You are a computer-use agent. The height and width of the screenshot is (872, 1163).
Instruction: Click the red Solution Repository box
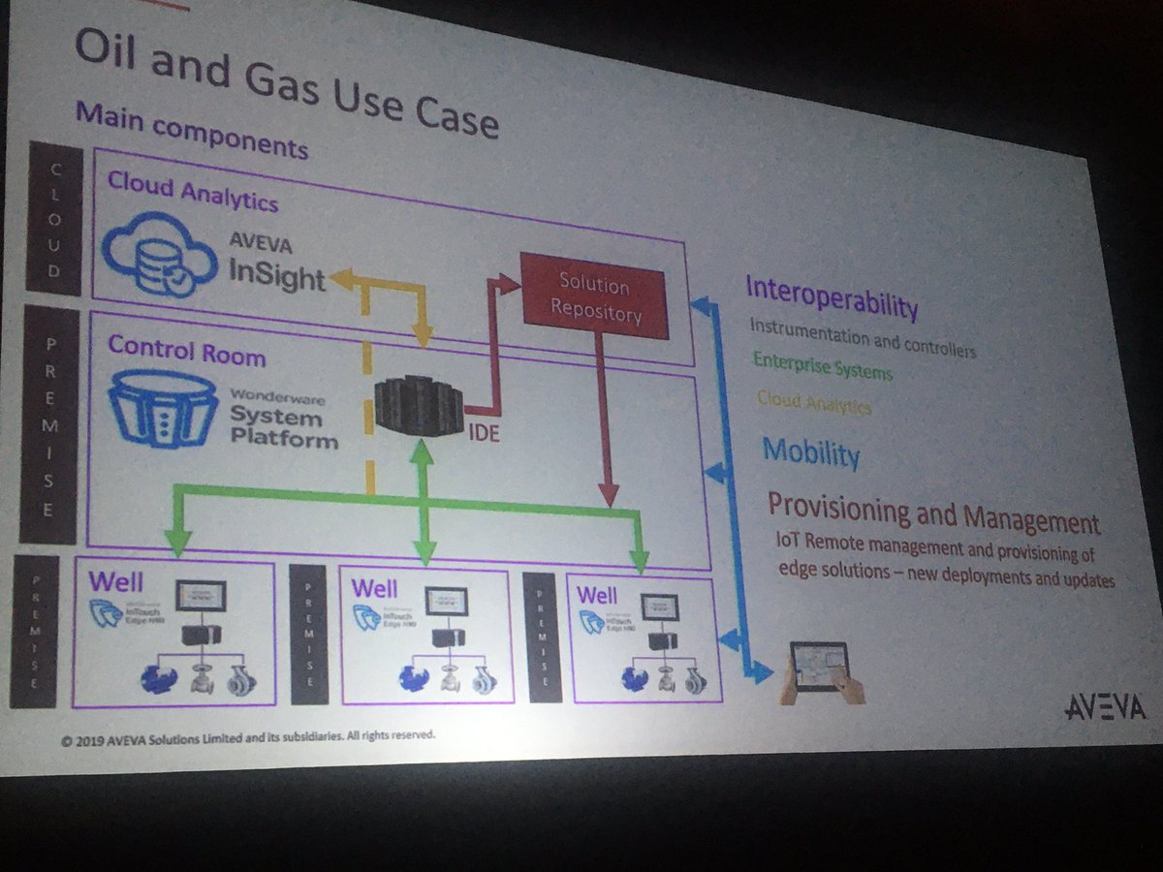pyautogui.click(x=594, y=296)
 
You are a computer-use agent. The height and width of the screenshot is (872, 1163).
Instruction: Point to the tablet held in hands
pyautogui.click(x=818, y=666)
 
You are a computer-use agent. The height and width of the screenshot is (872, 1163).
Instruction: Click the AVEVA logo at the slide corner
pyautogui.click(x=1105, y=707)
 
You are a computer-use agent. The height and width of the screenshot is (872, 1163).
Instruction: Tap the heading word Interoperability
pyautogui.click(x=831, y=296)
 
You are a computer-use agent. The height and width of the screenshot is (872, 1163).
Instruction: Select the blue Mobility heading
pyautogui.click(x=810, y=452)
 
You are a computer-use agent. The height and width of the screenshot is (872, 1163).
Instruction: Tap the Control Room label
pyautogui.click(x=186, y=351)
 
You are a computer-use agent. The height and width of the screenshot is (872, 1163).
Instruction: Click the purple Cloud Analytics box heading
pyautogui.click(x=192, y=190)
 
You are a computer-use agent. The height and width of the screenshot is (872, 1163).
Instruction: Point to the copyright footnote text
pyautogui.click(x=247, y=739)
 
